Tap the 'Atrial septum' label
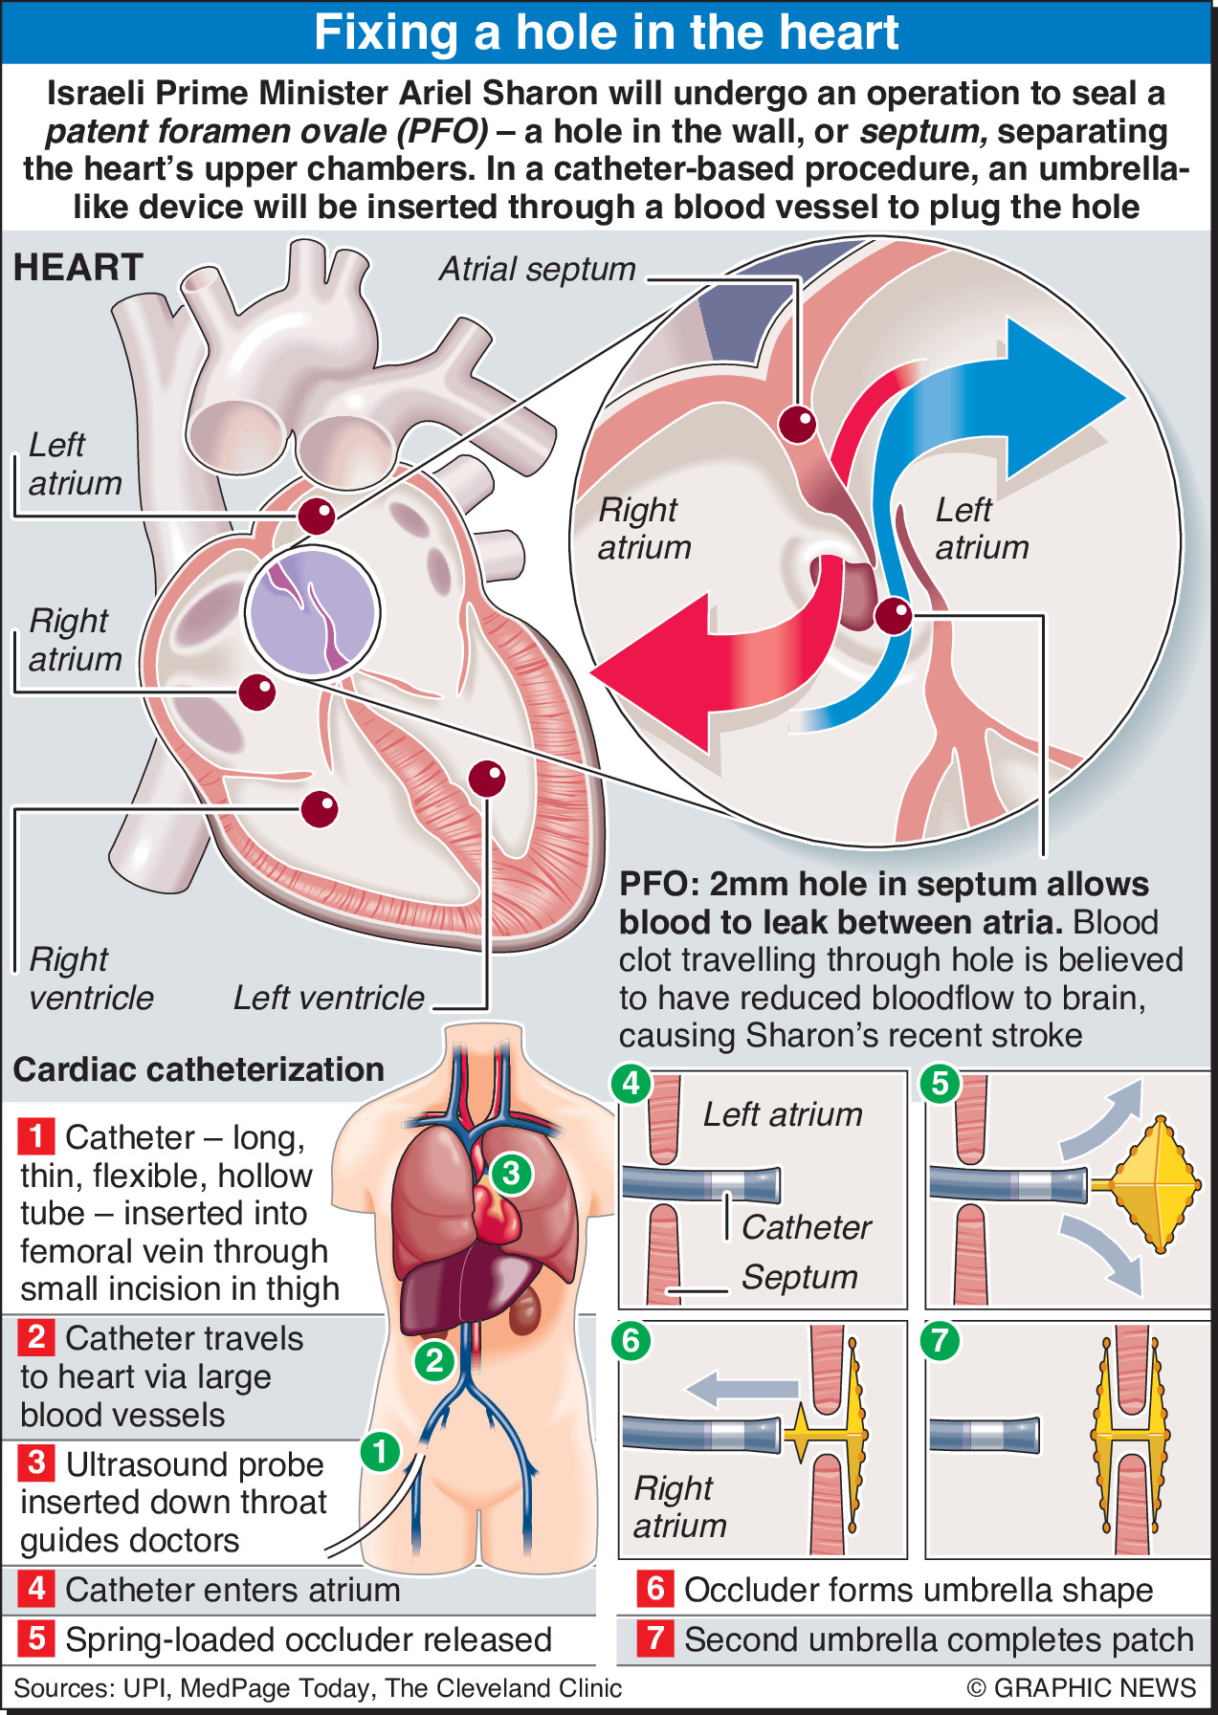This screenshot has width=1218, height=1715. pos(537,270)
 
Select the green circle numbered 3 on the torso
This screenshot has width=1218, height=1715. pos(510,1173)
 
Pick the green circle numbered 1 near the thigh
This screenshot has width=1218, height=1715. pos(380,1452)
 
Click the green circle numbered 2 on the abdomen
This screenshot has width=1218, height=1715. pos(433,1359)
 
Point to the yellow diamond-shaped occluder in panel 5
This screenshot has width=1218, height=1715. pos(1161,1183)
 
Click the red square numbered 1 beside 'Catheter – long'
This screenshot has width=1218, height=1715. pos(36,1136)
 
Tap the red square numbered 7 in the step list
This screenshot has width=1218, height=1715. pos(655,1638)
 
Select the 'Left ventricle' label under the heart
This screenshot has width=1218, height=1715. pos(328,998)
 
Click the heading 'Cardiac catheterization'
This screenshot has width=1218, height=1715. pos(199,1069)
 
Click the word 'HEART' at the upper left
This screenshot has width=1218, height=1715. pos(78,268)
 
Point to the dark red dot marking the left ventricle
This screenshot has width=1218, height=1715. pos(487,779)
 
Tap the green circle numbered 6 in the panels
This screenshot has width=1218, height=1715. pos(631,1340)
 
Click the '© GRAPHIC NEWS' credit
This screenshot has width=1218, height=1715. pos(1081,1688)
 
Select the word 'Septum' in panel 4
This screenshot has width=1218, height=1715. pos(800,1277)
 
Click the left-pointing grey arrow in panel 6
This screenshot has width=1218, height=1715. pos(742,1389)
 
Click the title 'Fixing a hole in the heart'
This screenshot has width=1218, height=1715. pos(607,33)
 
